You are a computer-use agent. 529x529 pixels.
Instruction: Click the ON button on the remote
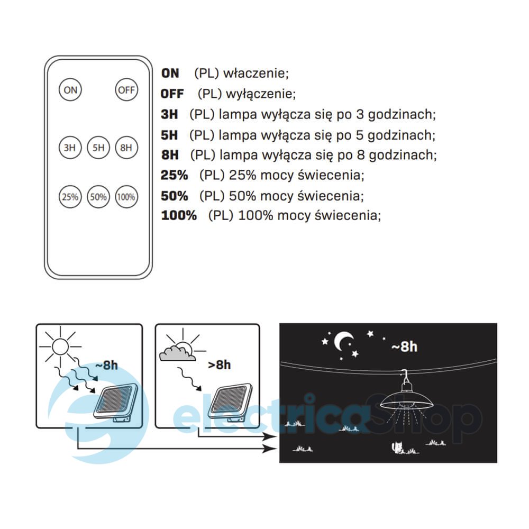click(x=70, y=90)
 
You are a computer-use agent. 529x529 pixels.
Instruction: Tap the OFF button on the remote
click(x=126, y=90)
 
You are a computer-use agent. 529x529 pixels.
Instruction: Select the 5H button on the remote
click(x=98, y=148)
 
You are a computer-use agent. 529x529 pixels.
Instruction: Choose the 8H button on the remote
click(x=126, y=148)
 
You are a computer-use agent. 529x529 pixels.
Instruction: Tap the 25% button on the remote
click(x=70, y=197)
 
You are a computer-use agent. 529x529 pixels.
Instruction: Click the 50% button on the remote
click(x=98, y=197)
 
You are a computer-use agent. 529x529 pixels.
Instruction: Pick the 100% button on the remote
click(x=126, y=197)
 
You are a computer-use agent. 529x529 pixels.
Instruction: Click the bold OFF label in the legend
click(x=172, y=94)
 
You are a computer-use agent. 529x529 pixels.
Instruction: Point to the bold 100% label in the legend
click(x=179, y=215)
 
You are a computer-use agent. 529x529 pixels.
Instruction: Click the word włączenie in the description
click(x=256, y=73)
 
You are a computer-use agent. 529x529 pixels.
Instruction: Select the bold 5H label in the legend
click(x=169, y=135)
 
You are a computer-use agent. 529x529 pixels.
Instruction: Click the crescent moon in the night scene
click(x=343, y=341)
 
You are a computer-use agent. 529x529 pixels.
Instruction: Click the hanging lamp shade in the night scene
click(x=406, y=400)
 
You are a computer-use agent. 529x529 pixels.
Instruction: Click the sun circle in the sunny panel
click(x=60, y=346)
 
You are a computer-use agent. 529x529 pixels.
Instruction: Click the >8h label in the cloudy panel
click(x=220, y=364)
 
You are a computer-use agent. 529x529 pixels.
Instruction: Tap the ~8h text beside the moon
click(x=404, y=346)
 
